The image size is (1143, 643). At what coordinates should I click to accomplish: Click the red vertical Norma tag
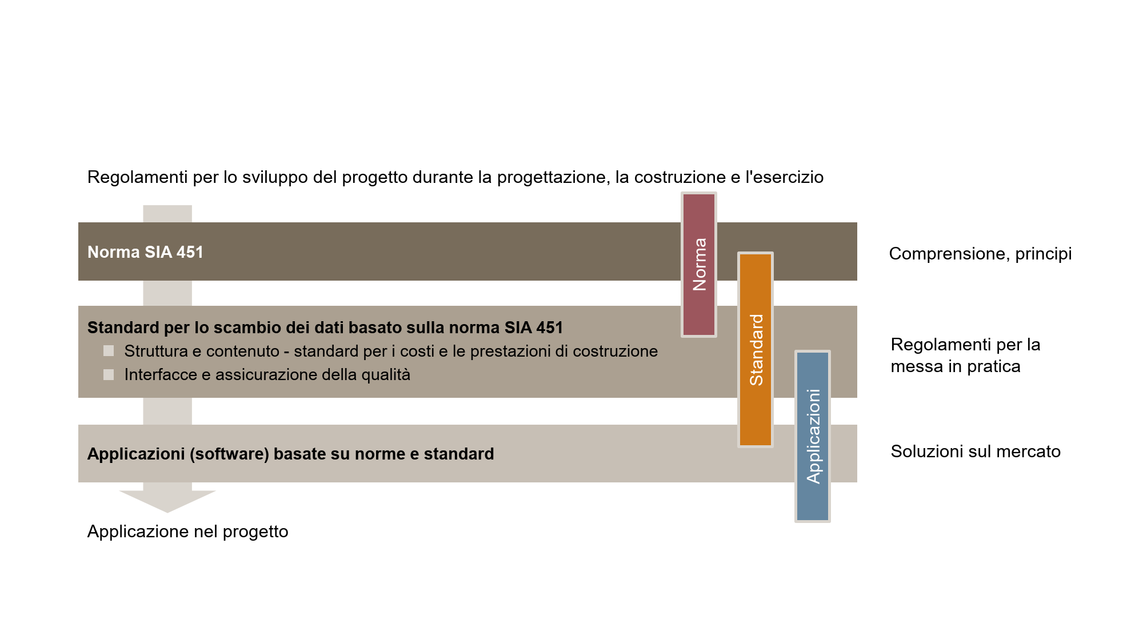pyautogui.click(x=699, y=265)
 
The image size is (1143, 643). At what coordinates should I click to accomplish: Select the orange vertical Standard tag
pyautogui.click(x=756, y=349)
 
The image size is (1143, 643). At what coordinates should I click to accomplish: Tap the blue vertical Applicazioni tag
pyautogui.click(x=813, y=436)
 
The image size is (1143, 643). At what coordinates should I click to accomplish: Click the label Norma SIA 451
pyautogui.click(x=145, y=252)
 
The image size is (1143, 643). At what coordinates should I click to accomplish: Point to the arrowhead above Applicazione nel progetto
pyautogui.click(x=167, y=501)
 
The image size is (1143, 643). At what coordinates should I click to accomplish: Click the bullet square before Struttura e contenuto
pyautogui.click(x=109, y=350)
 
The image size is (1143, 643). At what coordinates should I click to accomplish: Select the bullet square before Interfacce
pyautogui.click(x=109, y=374)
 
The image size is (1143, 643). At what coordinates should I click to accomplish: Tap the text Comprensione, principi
pyautogui.click(x=980, y=254)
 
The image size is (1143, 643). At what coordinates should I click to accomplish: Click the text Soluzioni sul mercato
pyautogui.click(x=976, y=452)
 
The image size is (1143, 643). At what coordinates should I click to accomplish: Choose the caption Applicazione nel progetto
pyautogui.click(x=187, y=532)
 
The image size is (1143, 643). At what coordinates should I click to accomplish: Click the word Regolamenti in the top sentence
pyautogui.click(x=137, y=177)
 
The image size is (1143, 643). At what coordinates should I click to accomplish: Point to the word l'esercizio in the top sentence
pyautogui.click(x=784, y=177)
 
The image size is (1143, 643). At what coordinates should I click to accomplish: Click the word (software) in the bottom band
pyautogui.click(x=229, y=454)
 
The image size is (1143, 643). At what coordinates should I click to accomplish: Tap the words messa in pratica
pyautogui.click(x=956, y=366)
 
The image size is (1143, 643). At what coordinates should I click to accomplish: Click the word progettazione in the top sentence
pyautogui.click(x=551, y=177)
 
